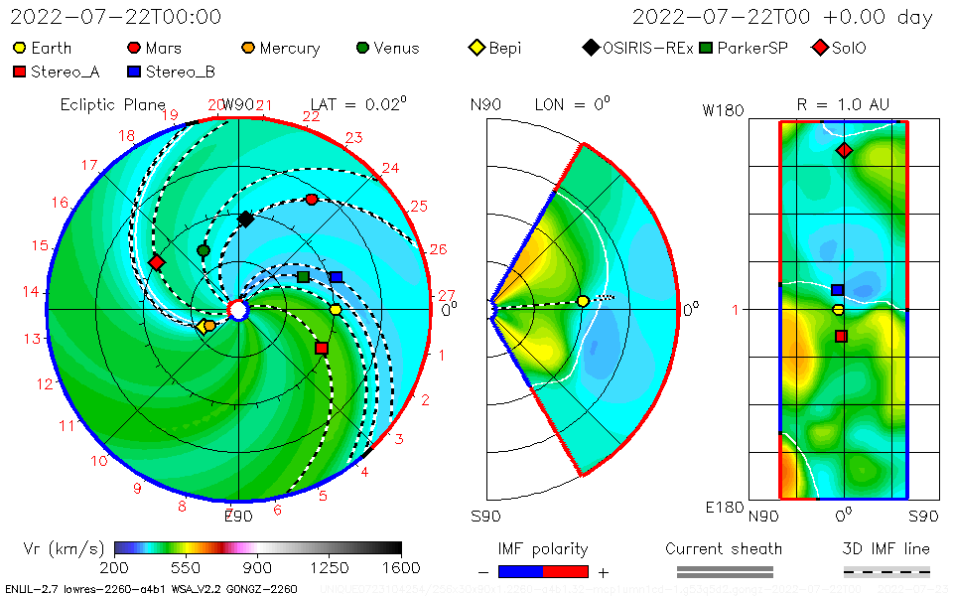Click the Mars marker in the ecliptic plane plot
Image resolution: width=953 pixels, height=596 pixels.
312,200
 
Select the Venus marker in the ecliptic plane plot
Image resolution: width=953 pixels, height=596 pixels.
204,250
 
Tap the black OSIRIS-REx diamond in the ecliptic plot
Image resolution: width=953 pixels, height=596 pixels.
245,219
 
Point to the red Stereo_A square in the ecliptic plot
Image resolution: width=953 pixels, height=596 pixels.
322,348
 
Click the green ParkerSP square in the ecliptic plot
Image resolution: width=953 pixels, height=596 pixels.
303,276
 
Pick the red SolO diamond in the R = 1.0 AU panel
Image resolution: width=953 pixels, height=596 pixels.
844,150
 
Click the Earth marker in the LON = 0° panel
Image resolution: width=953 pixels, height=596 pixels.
583,301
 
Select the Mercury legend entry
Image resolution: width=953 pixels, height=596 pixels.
282,48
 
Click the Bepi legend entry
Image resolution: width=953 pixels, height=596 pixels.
495,48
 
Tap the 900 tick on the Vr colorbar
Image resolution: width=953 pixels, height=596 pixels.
258,567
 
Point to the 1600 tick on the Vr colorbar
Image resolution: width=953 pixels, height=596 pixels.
401,567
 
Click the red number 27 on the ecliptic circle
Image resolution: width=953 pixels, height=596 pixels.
447,295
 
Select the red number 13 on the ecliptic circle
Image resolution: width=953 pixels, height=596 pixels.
32,339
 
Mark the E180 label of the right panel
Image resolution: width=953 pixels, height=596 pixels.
723,508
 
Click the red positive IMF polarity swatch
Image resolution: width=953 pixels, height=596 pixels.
566,571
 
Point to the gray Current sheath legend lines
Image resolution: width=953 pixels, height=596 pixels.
724,571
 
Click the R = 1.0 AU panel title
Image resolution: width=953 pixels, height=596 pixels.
843,104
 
